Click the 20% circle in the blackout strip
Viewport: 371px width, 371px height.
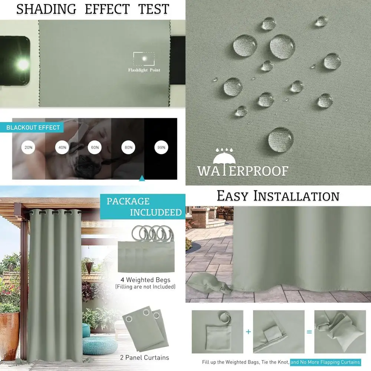(x=29, y=147)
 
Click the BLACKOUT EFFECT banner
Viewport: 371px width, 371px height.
(x=33, y=128)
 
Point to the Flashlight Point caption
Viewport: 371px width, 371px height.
(x=144, y=70)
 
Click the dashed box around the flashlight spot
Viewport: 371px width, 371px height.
(x=143, y=59)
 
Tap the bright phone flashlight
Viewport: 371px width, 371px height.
(x=22, y=64)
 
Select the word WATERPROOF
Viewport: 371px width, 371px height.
(x=243, y=171)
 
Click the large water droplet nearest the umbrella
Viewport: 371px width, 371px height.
(x=281, y=139)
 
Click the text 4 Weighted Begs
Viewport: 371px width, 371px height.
(x=145, y=279)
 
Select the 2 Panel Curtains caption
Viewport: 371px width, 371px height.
(x=145, y=358)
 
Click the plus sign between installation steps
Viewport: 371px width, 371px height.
(x=248, y=331)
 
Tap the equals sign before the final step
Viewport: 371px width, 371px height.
(x=309, y=331)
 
